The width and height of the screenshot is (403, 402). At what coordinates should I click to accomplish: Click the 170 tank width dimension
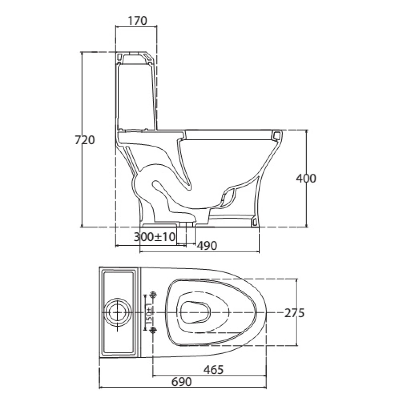pos(137,21)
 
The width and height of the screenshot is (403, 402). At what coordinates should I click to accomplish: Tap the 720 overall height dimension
pos(85,140)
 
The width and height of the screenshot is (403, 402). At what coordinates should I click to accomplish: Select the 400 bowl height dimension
pos(306,178)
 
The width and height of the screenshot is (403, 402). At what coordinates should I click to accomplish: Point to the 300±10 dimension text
pos(154,237)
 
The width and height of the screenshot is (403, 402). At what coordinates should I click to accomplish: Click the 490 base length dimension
pos(207,245)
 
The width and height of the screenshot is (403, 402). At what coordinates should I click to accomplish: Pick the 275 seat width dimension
pos(294,313)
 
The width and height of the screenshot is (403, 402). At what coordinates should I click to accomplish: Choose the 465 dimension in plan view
pos(213,369)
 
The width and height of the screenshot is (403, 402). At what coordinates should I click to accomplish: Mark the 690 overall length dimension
pos(182,382)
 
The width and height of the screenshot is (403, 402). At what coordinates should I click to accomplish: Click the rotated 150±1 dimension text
pos(149,313)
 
